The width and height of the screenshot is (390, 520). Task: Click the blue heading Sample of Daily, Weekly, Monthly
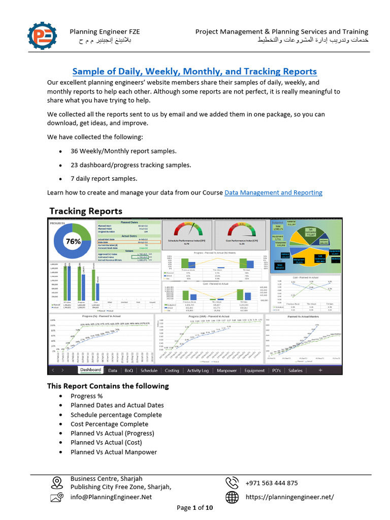194,72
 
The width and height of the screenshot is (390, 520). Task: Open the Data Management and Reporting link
273,192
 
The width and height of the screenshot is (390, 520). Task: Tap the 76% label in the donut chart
74,241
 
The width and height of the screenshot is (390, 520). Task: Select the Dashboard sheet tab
90,370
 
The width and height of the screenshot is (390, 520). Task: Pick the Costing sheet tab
172,370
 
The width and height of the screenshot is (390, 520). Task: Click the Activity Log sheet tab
198,370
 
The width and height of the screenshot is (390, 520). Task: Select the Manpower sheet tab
226,370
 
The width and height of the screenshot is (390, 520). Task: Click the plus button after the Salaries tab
320,370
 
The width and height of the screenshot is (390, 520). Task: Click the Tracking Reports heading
85,211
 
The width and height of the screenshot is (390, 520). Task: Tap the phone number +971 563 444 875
272,483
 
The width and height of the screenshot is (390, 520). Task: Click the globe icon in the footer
232,497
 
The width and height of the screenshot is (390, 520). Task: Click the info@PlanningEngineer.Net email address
111,497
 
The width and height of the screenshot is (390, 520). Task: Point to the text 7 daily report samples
104,179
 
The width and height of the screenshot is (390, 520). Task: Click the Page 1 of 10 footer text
194,508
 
